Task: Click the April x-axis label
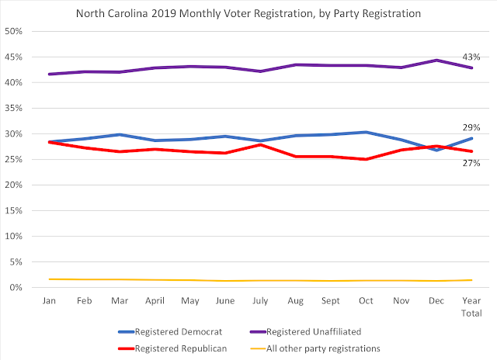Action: click(155, 299)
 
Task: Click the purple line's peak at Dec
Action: click(436, 60)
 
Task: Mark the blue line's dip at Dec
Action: click(436, 150)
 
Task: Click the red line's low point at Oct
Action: click(366, 159)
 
